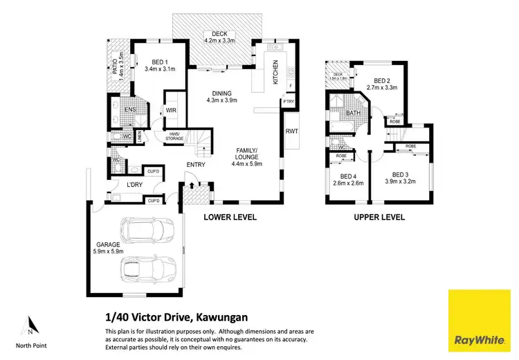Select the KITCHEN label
[x=275, y=72]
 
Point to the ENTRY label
[x=195, y=164]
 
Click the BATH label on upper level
[x=354, y=113]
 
